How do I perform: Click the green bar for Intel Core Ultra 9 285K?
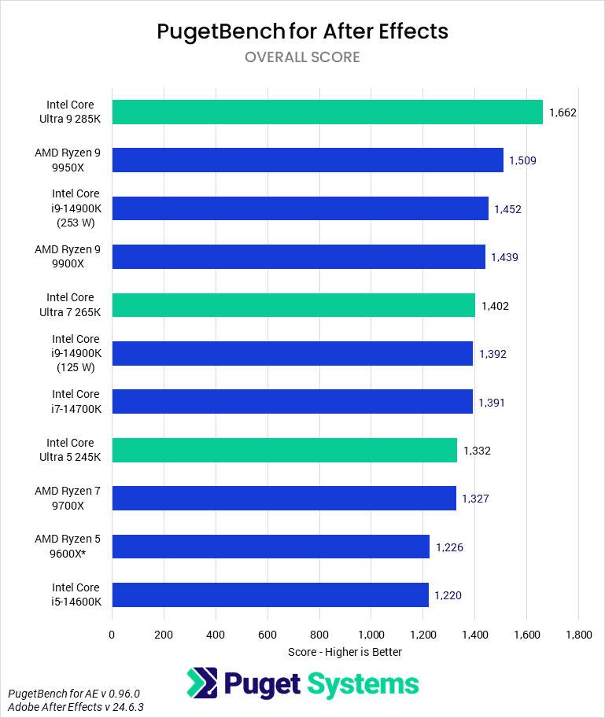(x=327, y=112)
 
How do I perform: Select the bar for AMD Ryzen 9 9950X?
(x=308, y=160)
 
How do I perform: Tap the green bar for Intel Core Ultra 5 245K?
(x=284, y=451)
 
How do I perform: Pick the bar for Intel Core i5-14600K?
(x=270, y=595)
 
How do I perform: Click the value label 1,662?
(x=563, y=112)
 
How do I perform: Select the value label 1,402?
(x=495, y=306)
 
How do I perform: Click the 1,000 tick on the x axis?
(x=371, y=634)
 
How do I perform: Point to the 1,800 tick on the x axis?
(x=578, y=634)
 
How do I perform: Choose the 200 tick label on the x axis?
(x=164, y=634)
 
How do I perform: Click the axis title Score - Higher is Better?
(x=345, y=652)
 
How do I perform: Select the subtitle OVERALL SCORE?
(x=302, y=57)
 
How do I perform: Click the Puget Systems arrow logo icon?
(x=201, y=683)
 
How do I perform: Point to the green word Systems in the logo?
(x=363, y=683)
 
